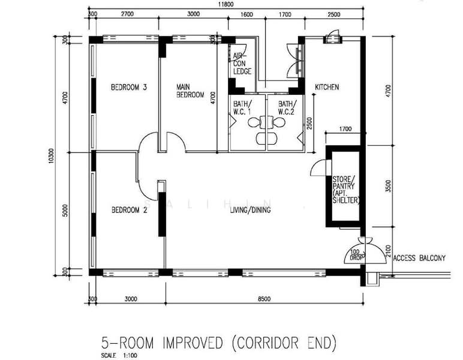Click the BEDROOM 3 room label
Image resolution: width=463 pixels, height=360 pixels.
click(129, 88)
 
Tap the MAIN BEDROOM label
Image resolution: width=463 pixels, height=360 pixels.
click(190, 91)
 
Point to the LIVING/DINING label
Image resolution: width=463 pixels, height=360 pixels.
click(251, 210)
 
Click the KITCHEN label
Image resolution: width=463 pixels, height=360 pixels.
click(327, 88)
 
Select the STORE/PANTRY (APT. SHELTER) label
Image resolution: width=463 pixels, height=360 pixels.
click(345, 190)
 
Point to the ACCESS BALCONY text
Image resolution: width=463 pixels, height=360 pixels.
click(419, 259)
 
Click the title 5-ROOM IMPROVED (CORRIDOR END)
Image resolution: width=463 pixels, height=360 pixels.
click(218, 343)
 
